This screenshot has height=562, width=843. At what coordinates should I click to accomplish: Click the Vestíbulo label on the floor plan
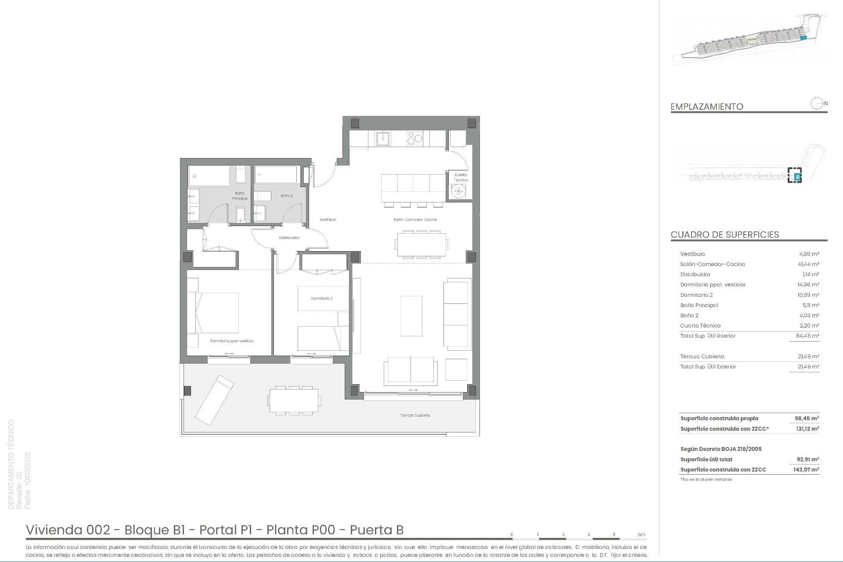click(328, 220)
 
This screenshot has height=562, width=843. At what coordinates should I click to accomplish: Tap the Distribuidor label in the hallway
click(289, 238)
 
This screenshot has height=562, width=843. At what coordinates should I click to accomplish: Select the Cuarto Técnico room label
click(461, 177)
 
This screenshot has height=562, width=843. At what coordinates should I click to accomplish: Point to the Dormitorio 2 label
click(321, 299)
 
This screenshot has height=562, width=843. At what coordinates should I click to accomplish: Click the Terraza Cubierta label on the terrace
click(415, 415)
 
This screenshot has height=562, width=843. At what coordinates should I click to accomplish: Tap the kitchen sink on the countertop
click(382, 139)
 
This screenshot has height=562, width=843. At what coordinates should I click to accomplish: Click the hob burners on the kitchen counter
click(414, 139)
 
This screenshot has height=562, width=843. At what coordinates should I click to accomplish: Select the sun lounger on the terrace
click(214, 400)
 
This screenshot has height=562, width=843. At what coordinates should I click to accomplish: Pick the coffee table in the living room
click(411, 316)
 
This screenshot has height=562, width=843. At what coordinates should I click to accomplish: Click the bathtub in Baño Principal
click(209, 176)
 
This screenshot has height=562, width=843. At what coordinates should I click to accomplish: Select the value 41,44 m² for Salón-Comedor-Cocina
click(808, 264)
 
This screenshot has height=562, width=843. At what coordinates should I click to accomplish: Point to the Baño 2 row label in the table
click(689, 315)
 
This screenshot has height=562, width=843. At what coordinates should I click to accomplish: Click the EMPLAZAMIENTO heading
click(706, 107)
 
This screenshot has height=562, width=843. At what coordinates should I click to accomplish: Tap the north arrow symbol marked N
click(818, 104)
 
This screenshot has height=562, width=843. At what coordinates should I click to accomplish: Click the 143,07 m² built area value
click(807, 470)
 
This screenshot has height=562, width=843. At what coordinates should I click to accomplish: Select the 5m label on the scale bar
click(641, 534)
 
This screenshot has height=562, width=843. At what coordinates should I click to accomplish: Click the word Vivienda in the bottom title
click(55, 530)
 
